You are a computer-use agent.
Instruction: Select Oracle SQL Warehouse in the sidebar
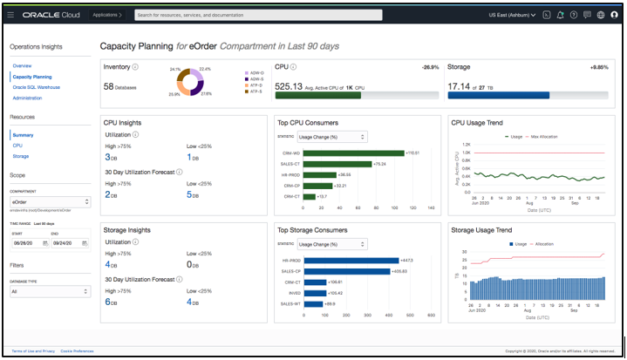37,87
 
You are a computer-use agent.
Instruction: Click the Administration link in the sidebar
27,98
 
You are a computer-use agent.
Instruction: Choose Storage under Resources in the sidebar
21,156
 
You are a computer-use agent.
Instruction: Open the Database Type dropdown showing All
50,292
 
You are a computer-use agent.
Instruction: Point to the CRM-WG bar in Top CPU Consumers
352,153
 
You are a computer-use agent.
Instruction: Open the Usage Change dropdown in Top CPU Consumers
332,137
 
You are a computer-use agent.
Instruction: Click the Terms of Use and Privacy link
32,350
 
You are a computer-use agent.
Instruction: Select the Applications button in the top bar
108,15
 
